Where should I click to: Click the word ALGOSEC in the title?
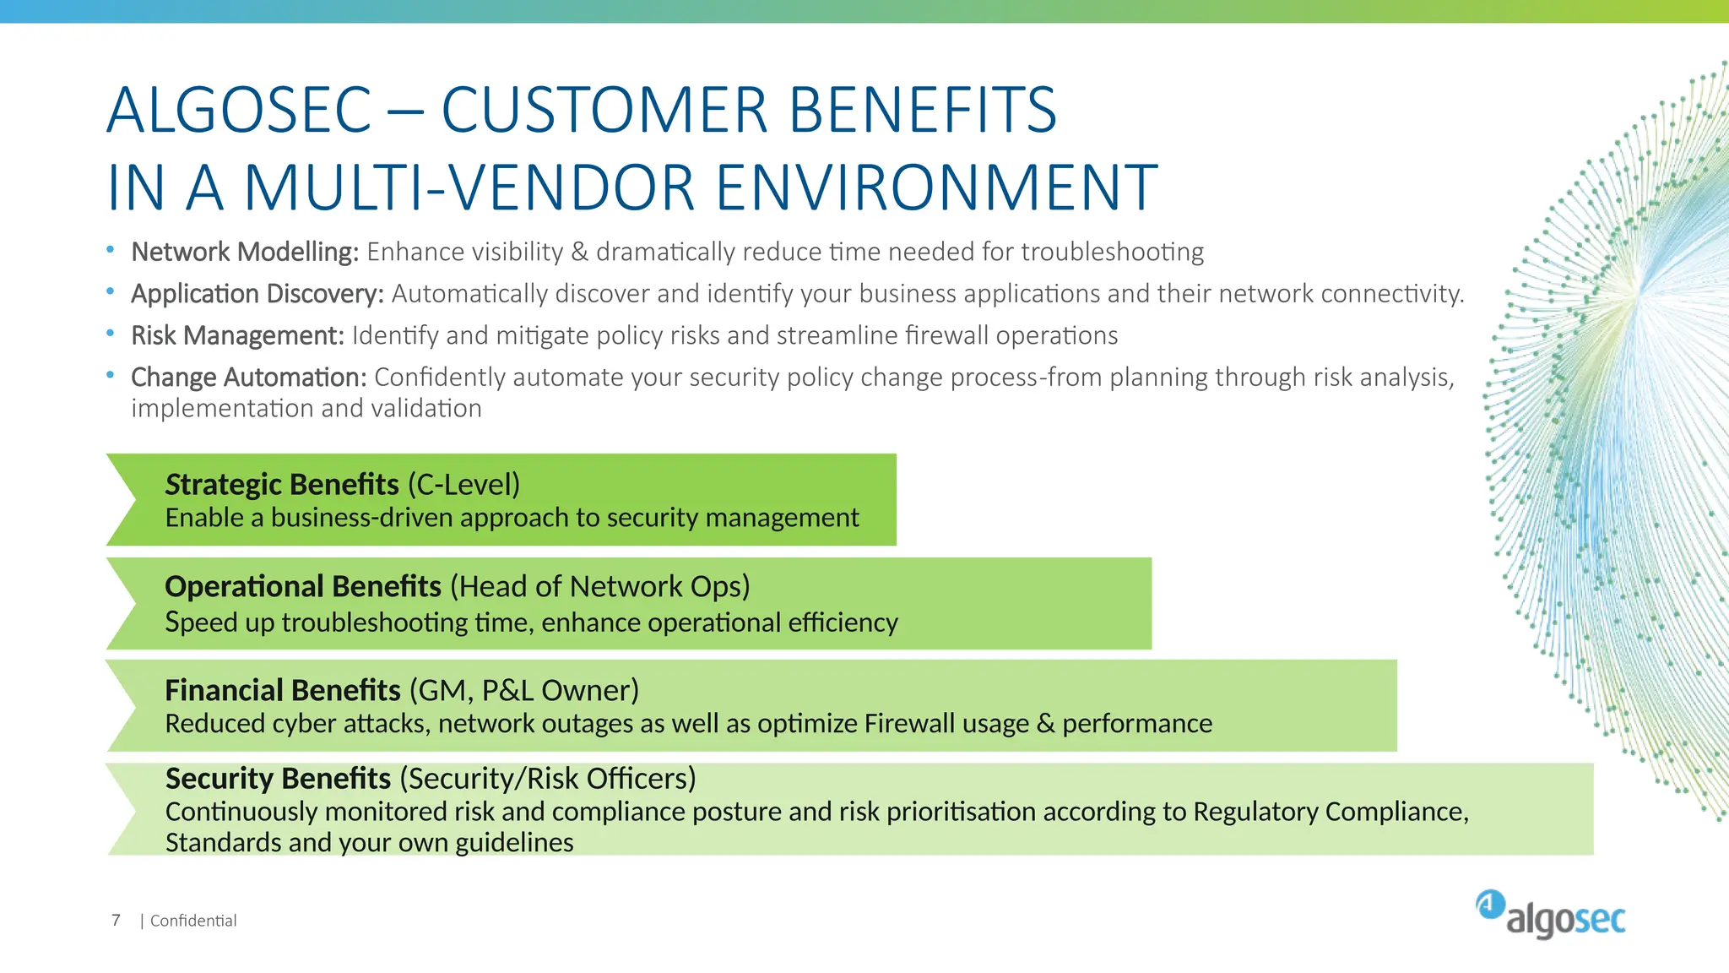pos(239,110)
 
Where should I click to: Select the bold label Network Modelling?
pos(245,252)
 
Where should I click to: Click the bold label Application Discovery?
pos(257,294)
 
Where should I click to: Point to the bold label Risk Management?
pos(237,335)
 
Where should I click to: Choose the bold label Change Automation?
pos(248,377)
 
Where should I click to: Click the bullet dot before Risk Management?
pos(111,334)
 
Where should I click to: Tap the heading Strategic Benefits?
pos(282,484)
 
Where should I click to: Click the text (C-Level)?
pos(463,484)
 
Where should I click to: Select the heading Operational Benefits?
pos(303,586)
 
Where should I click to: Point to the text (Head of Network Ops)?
pos(599,586)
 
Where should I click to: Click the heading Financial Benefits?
pos(283,690)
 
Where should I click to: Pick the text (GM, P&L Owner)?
pos(524,690)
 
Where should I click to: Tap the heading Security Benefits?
pos(278,778)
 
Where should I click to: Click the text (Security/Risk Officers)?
pos(548,778)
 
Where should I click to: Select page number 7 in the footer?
pos(116,920)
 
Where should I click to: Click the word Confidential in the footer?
pos(193,921)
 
